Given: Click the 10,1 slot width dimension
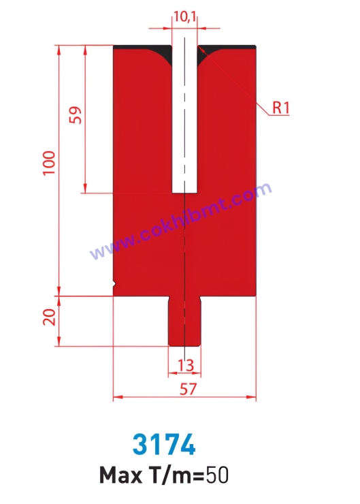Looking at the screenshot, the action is [x=184, y=16].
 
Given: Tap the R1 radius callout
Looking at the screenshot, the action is [x=281, y=108].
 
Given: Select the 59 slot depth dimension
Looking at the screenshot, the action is [x=76, y=115].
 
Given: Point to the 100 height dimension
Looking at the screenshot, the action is [x=49, y=163].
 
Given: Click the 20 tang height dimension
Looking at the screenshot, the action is [x=49, y=317].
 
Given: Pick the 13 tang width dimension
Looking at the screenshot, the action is [x=186, y=365].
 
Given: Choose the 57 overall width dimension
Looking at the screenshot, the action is [x=188, y=389].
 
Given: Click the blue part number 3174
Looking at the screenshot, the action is [x=164, y=445].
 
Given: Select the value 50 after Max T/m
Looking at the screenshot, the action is [x=217, y=475].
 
